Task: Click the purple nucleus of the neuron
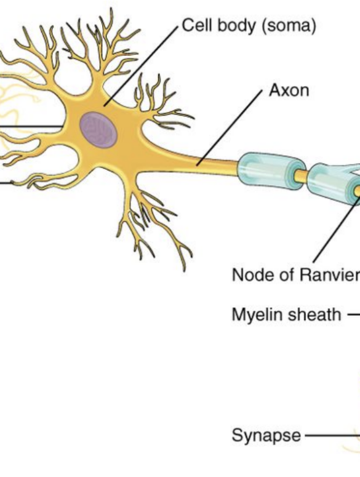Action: click(98, 130)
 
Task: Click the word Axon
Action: click(289, 90)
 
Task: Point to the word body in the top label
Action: click(236, 26)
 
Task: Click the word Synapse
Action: click(266, 436)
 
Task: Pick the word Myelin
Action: click(257, 315)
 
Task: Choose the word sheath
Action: click(314, 315)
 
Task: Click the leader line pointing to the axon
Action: click(230, 128)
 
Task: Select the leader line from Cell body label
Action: click(141, 66)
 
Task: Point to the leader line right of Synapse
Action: click(332, 435)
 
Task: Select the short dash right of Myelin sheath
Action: click(353, 315)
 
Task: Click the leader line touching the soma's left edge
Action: click(32, 126)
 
